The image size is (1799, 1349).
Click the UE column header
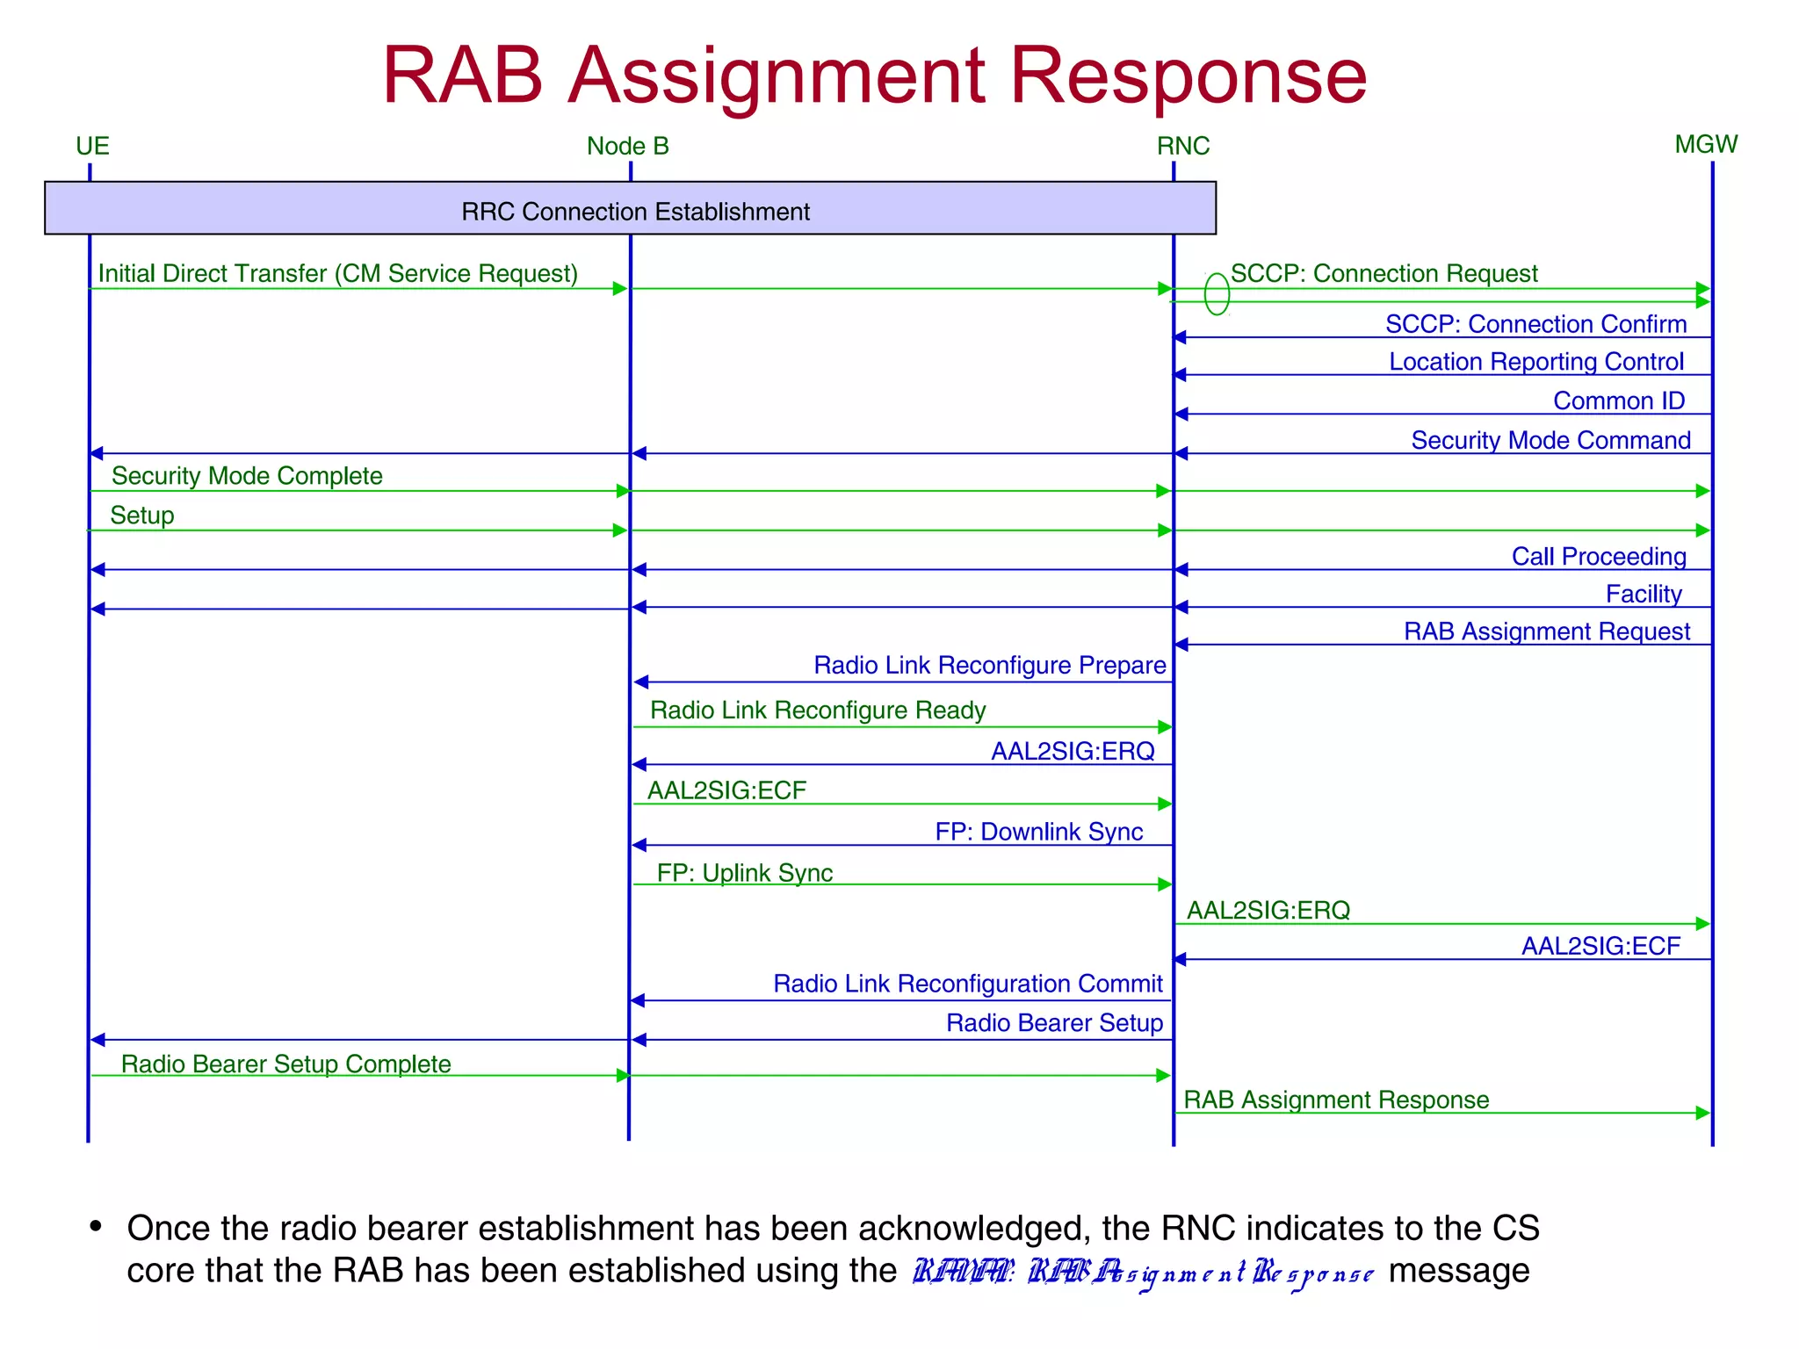tap(92, 146)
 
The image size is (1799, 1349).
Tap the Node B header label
tap(627, 146)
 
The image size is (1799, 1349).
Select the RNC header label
tap(1182, 146)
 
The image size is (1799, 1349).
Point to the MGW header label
tap(1705, 144)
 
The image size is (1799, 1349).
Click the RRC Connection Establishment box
tap(630, 209)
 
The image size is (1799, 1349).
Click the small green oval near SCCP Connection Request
tap(1217, 294)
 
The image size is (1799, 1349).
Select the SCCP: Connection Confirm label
tap(1535, 324)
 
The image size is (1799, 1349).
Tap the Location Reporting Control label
tap(1535, 362)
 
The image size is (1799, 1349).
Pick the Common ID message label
tap(1618, 400)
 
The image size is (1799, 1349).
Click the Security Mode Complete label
tap(247, 476)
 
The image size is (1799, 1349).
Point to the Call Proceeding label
tap(1598, 556)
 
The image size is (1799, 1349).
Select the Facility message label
tap(1643, 594)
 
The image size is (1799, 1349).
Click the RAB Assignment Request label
tap(1546, 631)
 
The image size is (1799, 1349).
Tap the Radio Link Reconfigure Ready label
tap(817, 710)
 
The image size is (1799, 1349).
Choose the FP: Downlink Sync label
tap(1038, 832)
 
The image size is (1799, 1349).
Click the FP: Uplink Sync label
tap(744, 873)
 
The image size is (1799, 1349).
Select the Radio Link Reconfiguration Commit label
tap(967, 984)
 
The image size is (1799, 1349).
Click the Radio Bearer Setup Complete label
tap(285, 1064)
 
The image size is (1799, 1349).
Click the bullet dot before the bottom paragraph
tap(96, 1226)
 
